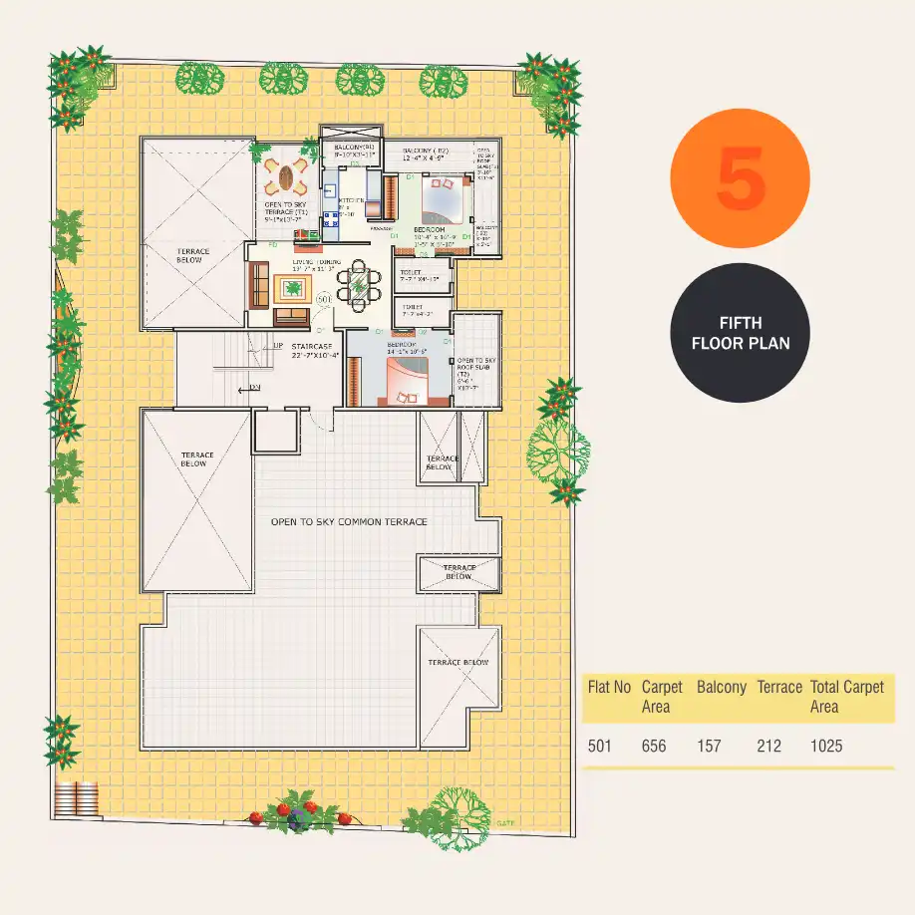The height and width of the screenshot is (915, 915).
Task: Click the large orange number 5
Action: point(740,178)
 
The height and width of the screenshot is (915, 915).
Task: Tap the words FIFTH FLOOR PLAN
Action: point(740,333)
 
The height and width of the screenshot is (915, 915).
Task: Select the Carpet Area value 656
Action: point(654,746)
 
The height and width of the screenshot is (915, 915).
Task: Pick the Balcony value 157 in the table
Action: point(709,746)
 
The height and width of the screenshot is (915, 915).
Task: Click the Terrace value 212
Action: point(768,746)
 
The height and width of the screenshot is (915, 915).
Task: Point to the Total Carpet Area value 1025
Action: point(826,746)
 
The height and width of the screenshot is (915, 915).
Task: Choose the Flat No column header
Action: point(609,688)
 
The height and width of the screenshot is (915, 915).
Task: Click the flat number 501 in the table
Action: point(600,746)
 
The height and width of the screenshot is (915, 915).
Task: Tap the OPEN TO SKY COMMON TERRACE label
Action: point(349,522)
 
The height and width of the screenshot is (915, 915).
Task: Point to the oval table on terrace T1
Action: point(287,179)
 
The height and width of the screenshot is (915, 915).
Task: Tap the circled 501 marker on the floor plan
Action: point(324,298)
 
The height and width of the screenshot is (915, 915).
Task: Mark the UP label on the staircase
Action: point(278,346)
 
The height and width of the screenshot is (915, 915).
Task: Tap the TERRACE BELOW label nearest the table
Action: point(459,663)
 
